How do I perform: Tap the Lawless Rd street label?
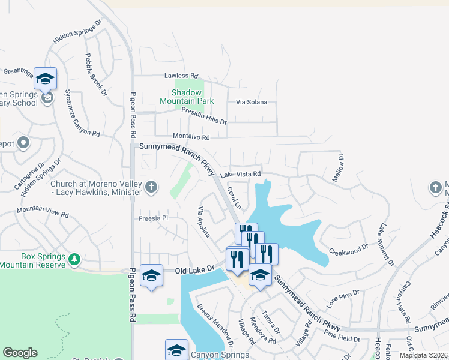tap(181, 76)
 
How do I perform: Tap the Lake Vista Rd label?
tap(240, 174)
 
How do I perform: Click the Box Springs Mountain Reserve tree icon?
tap(74, 260)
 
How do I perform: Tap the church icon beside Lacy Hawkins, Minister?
tap(151, 187)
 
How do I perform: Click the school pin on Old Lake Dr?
tap(151, 275)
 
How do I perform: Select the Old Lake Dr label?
tap(194, 271)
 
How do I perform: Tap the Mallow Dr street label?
tap(338, 168)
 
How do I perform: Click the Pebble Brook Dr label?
tap(96, 74)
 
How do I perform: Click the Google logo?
tap(20, 352)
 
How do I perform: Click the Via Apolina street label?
tap(204, 222)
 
